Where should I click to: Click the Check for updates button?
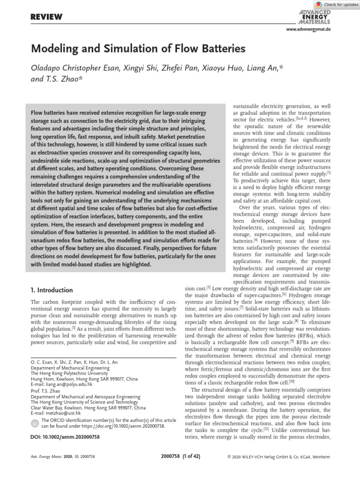coord(334,4)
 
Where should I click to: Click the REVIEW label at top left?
coord(46,17)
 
